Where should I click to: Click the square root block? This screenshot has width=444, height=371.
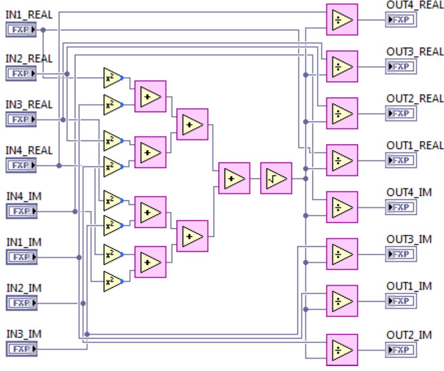tap(276, 178)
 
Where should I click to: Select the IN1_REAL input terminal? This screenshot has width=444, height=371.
tap(22, 30)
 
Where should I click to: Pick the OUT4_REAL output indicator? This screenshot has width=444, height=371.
tap(401, 20)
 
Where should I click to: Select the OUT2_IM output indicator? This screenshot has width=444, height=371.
tap(401, 349)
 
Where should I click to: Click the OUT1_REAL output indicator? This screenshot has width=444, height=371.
tap(401, 160)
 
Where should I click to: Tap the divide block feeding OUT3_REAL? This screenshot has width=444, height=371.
tap(341, 66)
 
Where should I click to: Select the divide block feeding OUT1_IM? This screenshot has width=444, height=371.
tap(341, 300)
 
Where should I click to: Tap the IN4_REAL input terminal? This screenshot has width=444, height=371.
tap(22, 165)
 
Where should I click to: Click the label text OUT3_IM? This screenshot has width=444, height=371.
tap(409, 239)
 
